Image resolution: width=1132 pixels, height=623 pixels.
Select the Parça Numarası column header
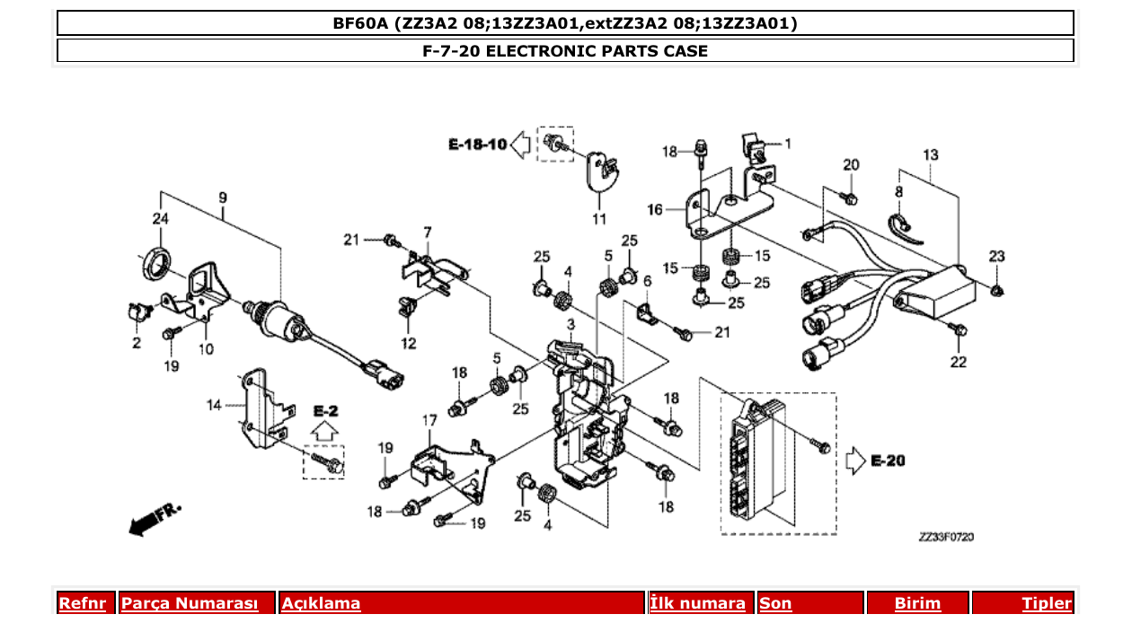click(x=190, y=604)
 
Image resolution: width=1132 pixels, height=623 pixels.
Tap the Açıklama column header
click(x=322, y=604)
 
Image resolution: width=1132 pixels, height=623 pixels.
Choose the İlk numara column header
click(x=698, y=604)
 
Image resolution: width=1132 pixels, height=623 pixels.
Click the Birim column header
click(x=916, y=604)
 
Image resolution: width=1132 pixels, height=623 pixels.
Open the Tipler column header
click(x=1047, y=604)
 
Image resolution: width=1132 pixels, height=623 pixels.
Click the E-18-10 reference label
click(x=478, y=145)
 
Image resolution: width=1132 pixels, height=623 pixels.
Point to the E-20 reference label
click(x=888, y=461)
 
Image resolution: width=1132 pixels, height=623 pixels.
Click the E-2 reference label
click(x=325, y=411)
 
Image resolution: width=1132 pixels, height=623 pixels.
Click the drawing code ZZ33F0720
click(x=946, y=537)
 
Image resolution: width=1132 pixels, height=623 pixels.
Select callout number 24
click(x=160, y=218)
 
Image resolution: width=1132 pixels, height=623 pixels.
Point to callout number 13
click(x=930, y=155)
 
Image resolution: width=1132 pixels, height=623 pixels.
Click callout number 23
click(x=997, y=257)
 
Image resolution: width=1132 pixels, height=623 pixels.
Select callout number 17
click(x=429, y=420)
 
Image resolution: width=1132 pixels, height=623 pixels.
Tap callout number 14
click(x=213, y=406)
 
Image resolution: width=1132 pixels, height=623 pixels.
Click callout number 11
click(x=599, y=219)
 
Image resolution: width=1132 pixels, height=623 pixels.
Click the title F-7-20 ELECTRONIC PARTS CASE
click(x=565, y=51)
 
